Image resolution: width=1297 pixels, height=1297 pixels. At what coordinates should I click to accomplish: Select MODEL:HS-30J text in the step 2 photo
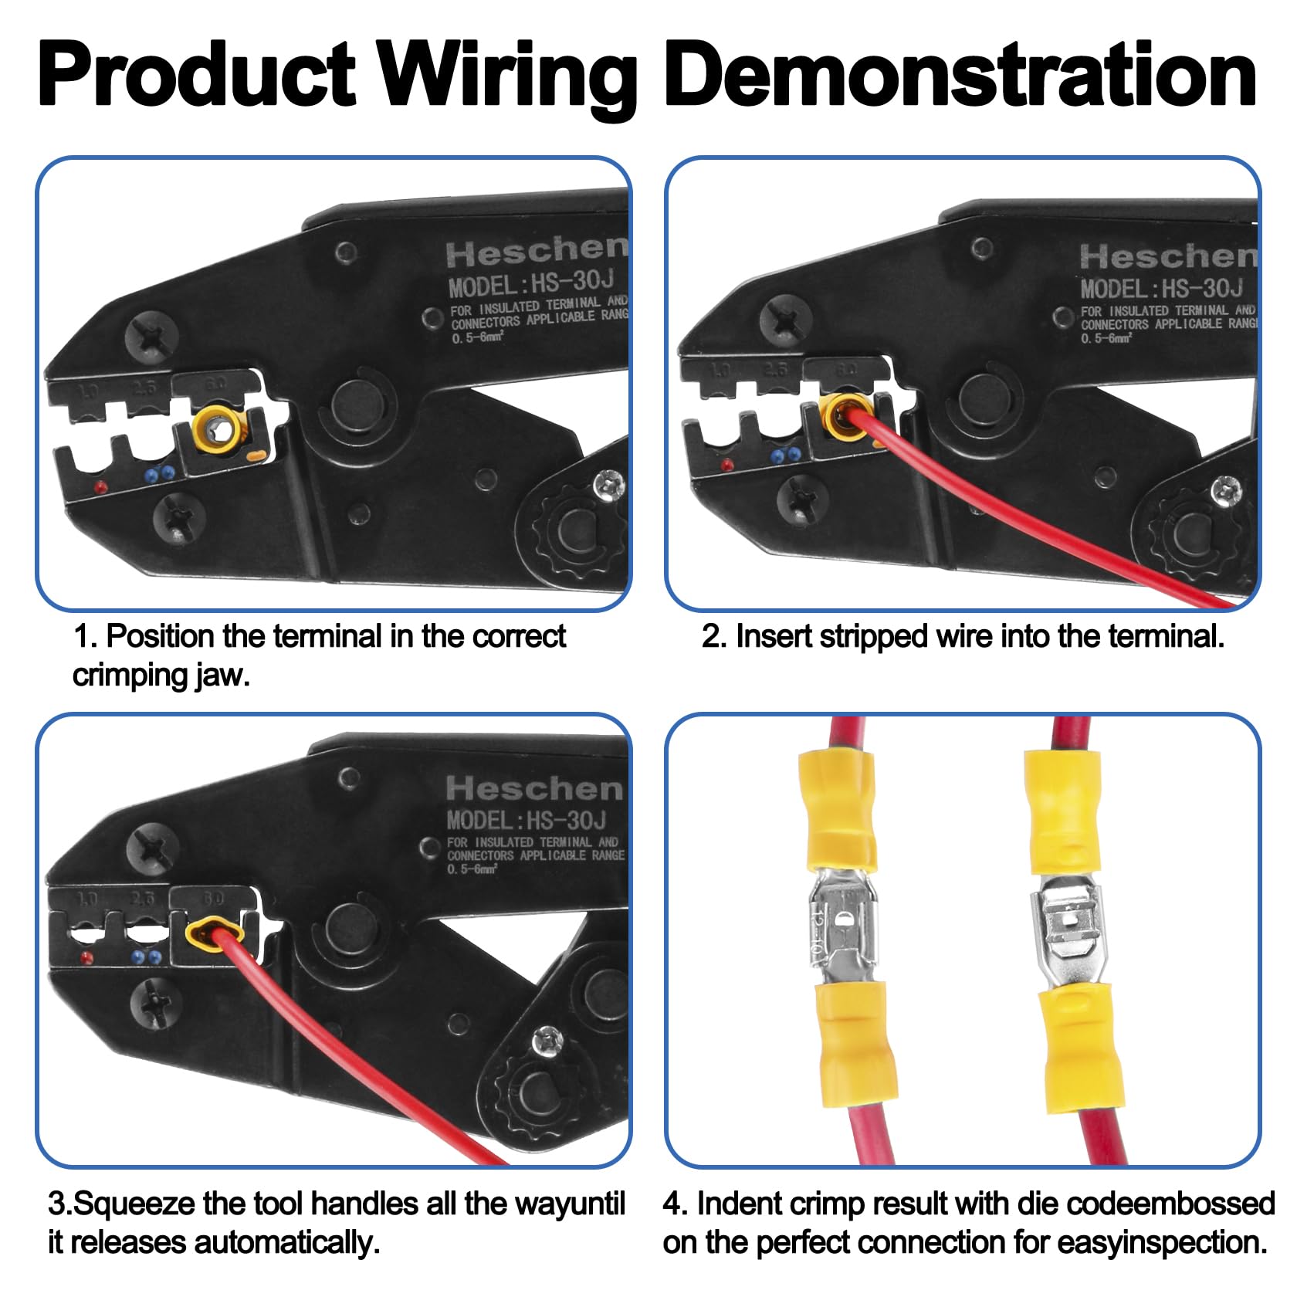coord(1161,290)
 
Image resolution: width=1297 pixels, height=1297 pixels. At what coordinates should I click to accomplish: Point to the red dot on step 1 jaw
coord(100,487)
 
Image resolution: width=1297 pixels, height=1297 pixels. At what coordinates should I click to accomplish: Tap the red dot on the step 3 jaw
coord(86,958)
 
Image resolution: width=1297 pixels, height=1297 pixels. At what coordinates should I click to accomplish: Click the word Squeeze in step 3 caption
coord(129,1204)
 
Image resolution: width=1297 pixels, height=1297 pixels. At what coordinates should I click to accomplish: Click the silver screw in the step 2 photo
coord(1225,489)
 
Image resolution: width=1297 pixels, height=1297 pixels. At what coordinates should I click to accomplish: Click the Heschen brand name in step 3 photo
coord(534,789)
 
